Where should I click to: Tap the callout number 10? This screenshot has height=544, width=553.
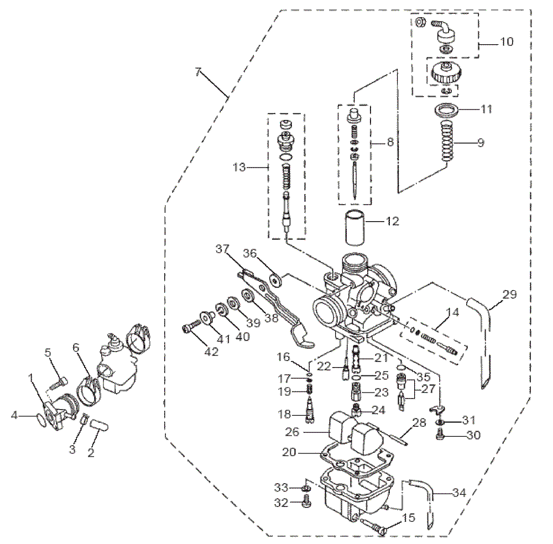click(506, 41)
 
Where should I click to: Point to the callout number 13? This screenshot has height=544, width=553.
click(240, 167)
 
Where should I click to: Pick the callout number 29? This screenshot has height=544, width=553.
click(509, 295)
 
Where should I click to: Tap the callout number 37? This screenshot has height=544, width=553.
click(222, 249)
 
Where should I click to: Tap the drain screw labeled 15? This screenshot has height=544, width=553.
click(375, 526)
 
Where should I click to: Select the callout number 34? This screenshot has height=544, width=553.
click(459, 492)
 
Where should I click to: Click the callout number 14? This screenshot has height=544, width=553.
click(452, 312)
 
